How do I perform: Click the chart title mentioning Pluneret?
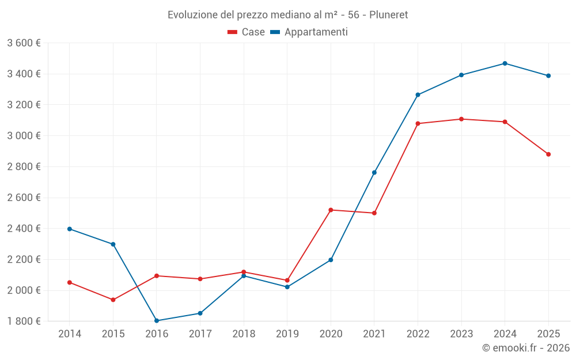point(287,14)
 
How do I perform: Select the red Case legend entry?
point(247,32)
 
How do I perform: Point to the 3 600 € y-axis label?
point(24,43)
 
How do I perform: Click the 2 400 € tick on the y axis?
point(24,228)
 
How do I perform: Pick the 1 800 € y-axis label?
point(24,321)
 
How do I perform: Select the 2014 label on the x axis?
point(70,334)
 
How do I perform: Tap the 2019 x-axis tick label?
point(287,334)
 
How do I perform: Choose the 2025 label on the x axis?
point(548,334)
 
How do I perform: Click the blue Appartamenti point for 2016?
point(157,321)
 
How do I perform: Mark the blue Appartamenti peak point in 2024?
point(505,63)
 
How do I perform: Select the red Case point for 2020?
point(331,210)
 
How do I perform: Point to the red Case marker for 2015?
point(113,300)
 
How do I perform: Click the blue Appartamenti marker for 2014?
point(70,229)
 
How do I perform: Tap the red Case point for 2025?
point(548,154)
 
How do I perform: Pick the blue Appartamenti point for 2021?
point(374,172)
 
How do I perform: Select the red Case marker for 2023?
point(461,119)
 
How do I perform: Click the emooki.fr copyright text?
point(525,348)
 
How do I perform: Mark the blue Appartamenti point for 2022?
point(418,94)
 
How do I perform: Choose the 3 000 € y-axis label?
point(24,135)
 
